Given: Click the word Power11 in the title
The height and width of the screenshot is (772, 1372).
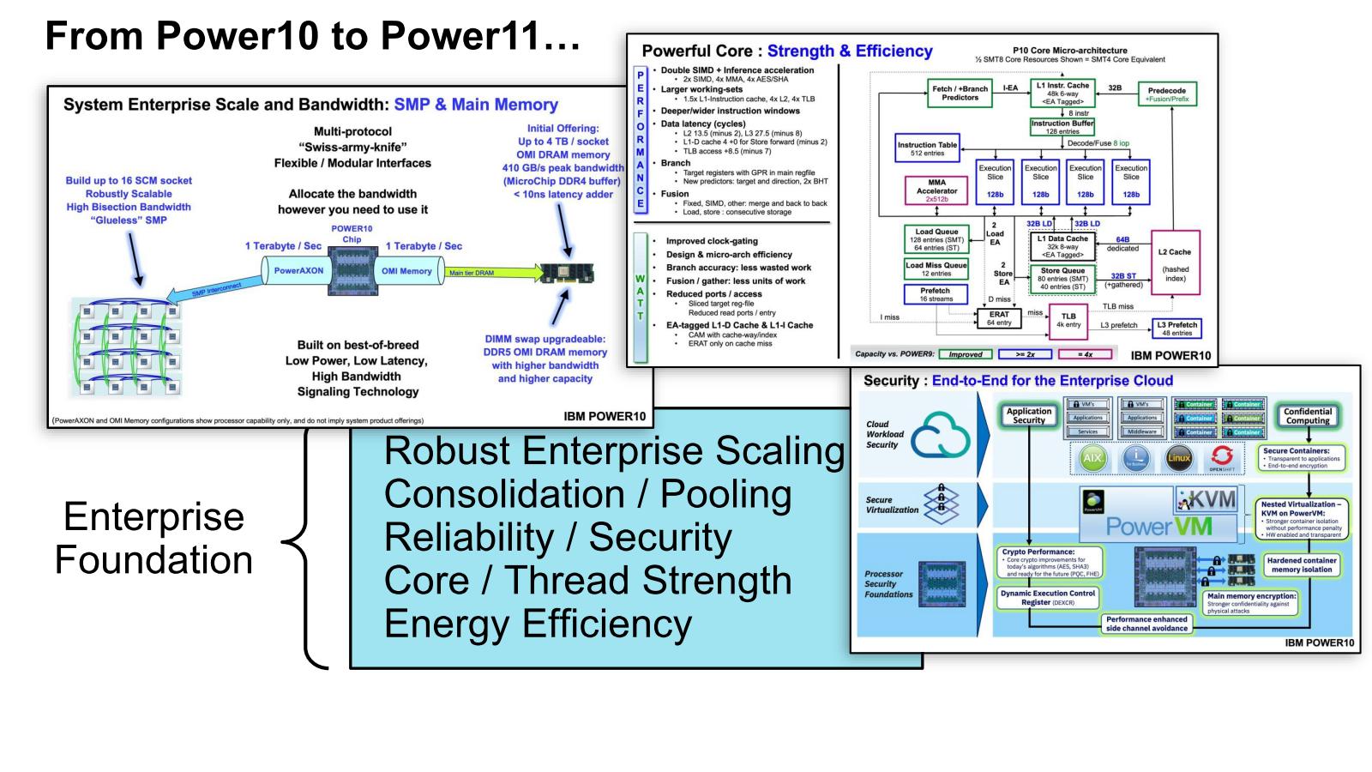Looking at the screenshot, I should click(x=480, y=36).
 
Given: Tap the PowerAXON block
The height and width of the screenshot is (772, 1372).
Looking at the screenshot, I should click(x=298, y=271).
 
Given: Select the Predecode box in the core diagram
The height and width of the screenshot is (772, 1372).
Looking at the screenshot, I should click(x=1166, y=94).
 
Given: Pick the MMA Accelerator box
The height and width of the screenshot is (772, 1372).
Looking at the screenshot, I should click(x=936, y=190).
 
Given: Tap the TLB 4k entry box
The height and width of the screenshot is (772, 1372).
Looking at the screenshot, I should click(x=1068, y=320).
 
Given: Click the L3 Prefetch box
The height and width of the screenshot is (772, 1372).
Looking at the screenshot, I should click(x=1176, y=329).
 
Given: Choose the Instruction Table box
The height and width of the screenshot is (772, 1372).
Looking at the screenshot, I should click(x=927, y=148).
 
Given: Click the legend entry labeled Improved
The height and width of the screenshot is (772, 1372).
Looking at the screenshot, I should click(x=965, y=354).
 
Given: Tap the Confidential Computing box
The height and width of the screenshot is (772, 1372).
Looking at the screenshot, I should click(x=1307, y=416).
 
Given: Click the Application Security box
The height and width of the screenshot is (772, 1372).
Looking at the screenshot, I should click(x=1028, y=416).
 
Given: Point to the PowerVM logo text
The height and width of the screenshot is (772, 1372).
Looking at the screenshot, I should click(x=1158, y=526).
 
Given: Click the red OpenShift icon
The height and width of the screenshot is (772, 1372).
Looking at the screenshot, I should click(x=1221, y=458).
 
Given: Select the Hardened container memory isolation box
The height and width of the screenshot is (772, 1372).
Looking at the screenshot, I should click(x=1301, y=564).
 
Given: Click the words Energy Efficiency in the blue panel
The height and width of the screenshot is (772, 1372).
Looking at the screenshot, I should click(x=538, y=624).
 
